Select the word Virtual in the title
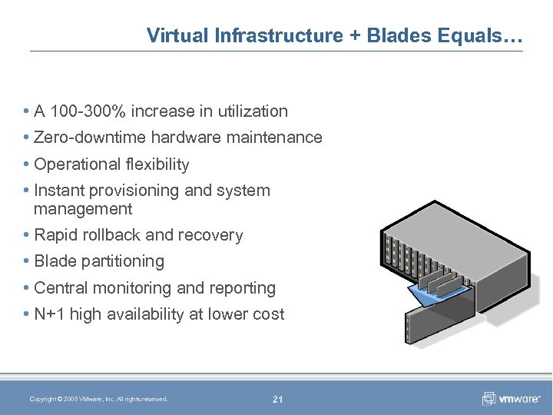coord(173,35)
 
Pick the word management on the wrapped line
coord(83,209)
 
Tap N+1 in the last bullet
coord(50,314)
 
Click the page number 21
coord(277,399)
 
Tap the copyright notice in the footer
coord(98,399)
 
